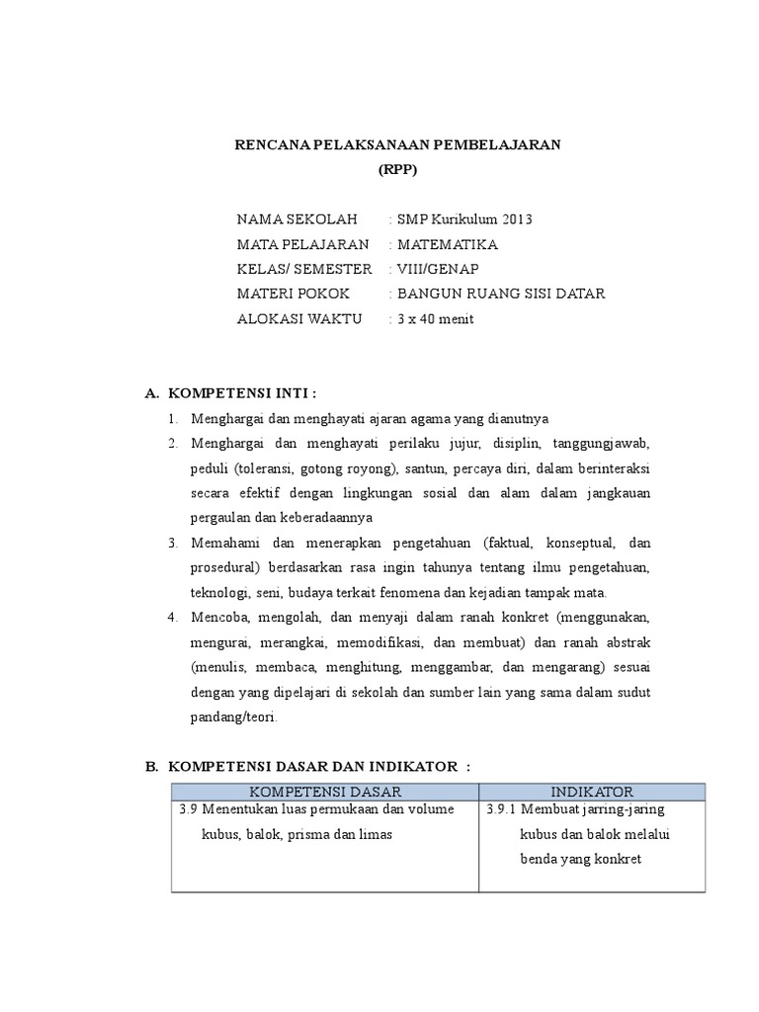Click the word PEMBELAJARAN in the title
(x=504, y=145)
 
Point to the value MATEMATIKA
(x=447, y=244)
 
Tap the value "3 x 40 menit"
(x=435, y=318)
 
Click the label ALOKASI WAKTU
(x=299, y=318)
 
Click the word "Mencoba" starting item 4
(x=219, y=618)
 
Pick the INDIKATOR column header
(x=592, y=793)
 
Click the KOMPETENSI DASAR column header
(x=325, y=793)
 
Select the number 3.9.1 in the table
(x=503, y=809)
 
